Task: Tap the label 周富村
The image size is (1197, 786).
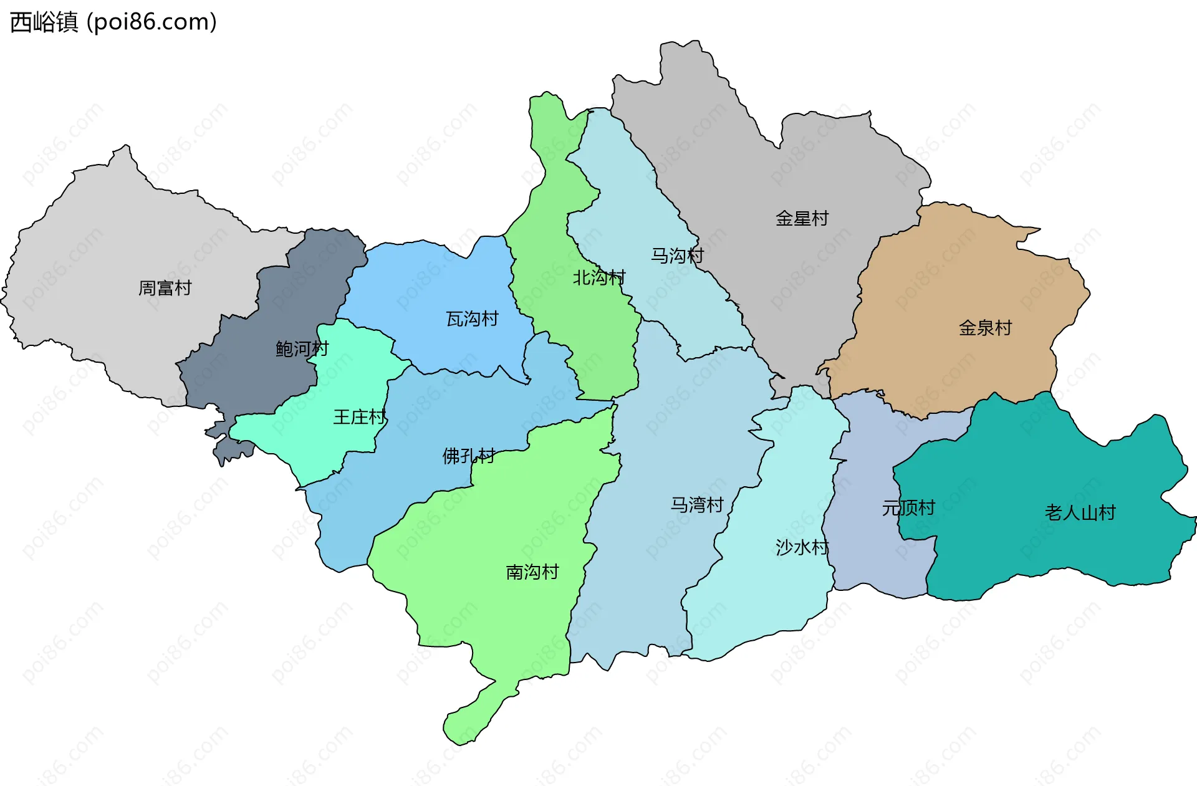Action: tap(165, 288)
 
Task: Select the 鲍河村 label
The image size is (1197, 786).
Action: tap(302, 348)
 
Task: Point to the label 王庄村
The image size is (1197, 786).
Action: tap(359, 417)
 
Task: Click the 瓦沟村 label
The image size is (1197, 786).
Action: tap(472, 319)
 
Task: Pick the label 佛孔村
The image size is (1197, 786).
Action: tap(468, 456)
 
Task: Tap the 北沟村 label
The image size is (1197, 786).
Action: tap(598, 277)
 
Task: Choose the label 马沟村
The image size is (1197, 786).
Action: tap(677, 256)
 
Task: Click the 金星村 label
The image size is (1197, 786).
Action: tap(802, 219)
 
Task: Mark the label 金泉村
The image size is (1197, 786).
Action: tap(985, 328)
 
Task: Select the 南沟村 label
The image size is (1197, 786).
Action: tap(532, 572)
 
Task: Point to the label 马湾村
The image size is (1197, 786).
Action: tap(696, 505)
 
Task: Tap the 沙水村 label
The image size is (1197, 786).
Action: tap(802, 547)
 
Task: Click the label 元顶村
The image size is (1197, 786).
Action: tap(908, 508)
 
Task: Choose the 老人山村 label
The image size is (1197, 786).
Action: tap(1080, 513)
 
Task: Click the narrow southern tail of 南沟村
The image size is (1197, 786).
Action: tap(474, 717)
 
